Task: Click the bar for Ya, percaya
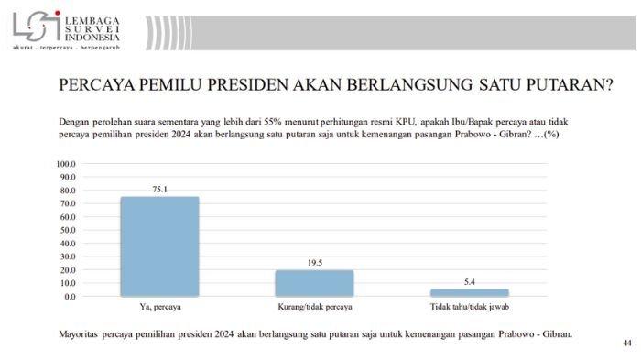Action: tap(159, 246)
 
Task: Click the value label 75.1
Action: tap(159, 189)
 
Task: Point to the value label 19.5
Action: tap(314, 263)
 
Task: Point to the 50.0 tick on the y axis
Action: tap(68, 231)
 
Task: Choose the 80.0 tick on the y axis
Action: tap(68, 191)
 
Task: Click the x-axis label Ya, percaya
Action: tap(159, 307)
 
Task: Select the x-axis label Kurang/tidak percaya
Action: tap(314, 307)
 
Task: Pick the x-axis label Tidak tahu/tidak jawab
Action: tap(470, 307)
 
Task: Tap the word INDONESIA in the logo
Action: tap(92, 38)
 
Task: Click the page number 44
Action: tap(626, 343)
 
